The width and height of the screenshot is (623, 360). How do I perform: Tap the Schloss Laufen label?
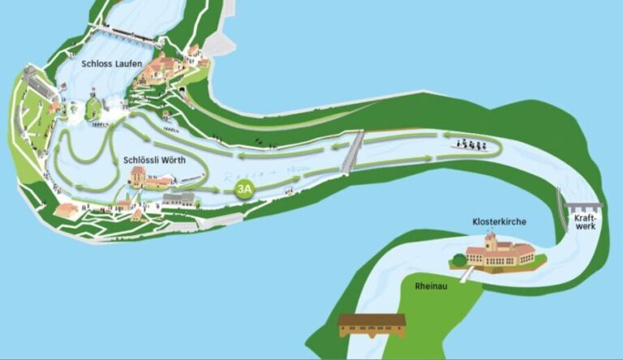click(x=111, y=63)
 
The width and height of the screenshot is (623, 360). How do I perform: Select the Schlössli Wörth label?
click(x=154, y=160)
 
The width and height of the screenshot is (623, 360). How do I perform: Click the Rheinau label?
click(x=430, y=286)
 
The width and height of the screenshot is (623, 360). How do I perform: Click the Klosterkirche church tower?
click(x=491, y=242)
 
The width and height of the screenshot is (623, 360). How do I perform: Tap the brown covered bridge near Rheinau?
click(x=372, y=324)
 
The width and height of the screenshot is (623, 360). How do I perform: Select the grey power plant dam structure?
click(x=583, y=207)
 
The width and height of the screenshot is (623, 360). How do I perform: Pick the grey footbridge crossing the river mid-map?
click(x=352, y=152)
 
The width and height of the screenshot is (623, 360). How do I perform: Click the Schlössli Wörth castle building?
click(x=140, y=178)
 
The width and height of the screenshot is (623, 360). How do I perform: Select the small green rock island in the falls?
click(x=92, y=106)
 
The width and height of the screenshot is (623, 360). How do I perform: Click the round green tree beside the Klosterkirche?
click(x=459, y=260)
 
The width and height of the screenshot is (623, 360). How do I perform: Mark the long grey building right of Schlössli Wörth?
click(x=178, y=198)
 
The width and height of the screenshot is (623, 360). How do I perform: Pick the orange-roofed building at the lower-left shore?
click(x=67, y=210)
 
